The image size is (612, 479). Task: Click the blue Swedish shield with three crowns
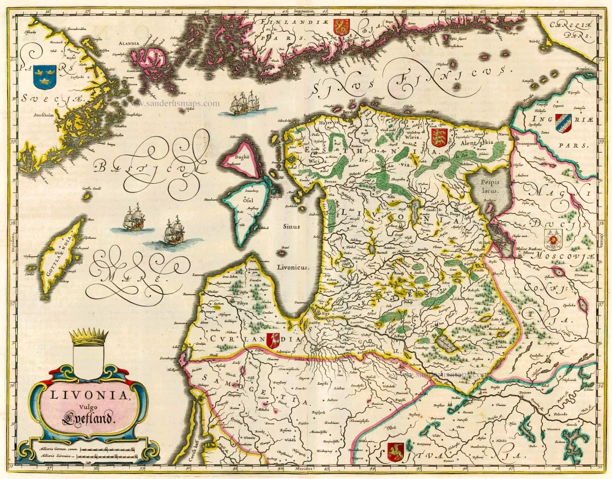44,77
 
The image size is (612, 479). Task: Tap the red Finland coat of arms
341,26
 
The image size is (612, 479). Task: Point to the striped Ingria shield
563,123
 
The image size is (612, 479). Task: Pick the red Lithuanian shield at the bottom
395,451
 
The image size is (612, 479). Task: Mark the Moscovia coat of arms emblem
553,238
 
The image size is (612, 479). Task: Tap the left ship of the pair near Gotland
133,218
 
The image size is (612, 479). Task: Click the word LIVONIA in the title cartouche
89,396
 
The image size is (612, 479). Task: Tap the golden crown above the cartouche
89,336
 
